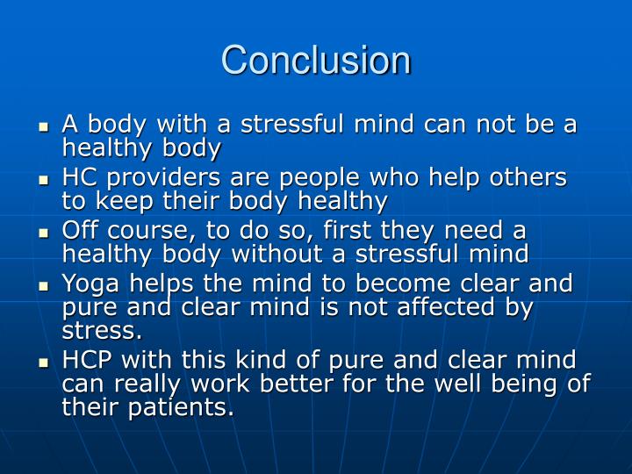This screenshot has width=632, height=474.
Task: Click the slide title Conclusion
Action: (x=316, y=61)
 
